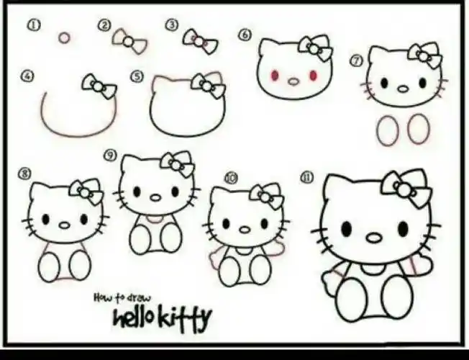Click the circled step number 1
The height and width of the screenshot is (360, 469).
pyautogui.click(x=34, y=25)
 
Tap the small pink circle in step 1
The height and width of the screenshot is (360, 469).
pyautogui.click(x=64, y=37)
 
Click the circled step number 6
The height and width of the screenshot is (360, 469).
pyautogui.click(x=245, y=34)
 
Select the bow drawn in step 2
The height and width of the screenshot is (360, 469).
pyautogui.click(x=128, y=41)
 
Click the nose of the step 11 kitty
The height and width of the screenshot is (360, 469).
pyautogui.click(x=374, y=238)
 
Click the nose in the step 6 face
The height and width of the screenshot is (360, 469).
pyautogui.click(x=293, y=81)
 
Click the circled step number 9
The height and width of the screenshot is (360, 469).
pyautogui.click(x=110, y=155)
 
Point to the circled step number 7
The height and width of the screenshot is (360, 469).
pyautogui.click(x=355, y=60)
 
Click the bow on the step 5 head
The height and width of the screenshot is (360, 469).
pyautogui.click(x=208, y=86)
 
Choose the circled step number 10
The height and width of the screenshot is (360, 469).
pyautogui.click(x=231, y=177)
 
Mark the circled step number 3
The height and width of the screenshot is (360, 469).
pyautogui.click(x=172, y=25)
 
